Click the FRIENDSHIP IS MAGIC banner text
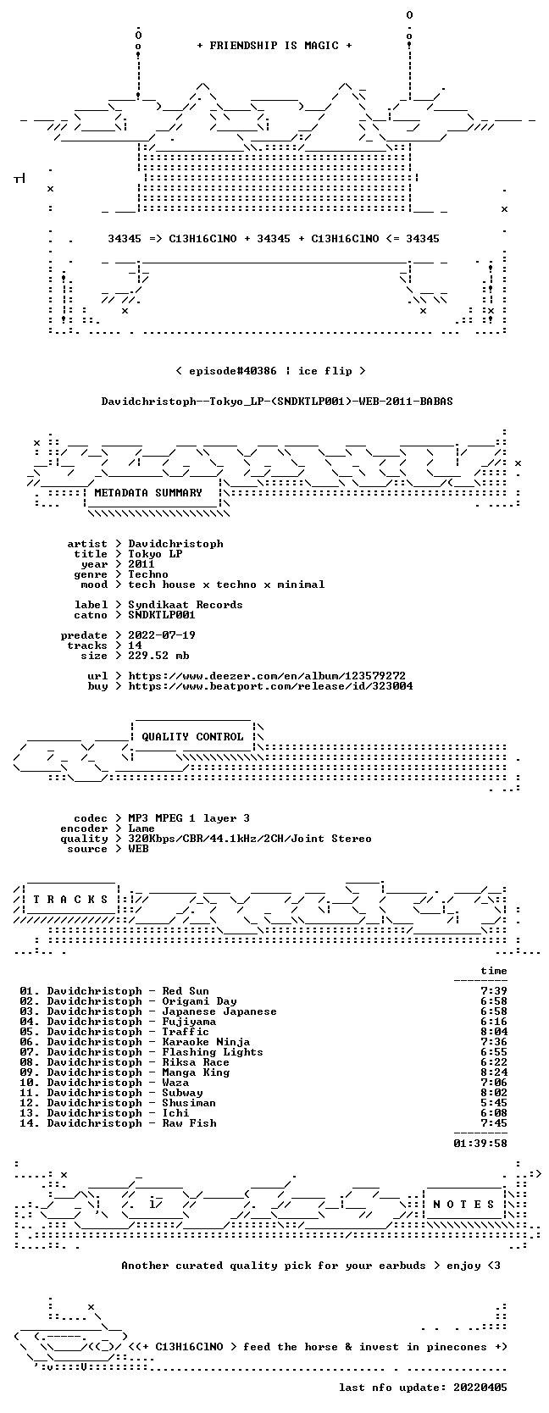click(x=274, y=46)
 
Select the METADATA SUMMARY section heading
click(x=148, y=493)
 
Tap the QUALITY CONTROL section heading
click(x=192, y=737)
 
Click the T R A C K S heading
click(x=70, y=900)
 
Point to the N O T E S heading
click(x=463, y=1205)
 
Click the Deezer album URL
click(x=267, y=676)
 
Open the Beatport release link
click(x=271, y=685)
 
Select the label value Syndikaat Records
click(x=186, y=605)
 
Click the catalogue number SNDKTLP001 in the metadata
click(x=162, y=615)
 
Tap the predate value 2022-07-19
click(x=162, y=635)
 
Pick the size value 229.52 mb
click(x=158, y=656)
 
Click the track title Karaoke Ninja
click(x=206, y=1042)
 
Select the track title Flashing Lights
click(x=213, y=1052)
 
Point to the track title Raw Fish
click(x=189, y=1123)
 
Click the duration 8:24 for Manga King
click(x=493, y=1072)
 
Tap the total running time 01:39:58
click(x=480, y=1144)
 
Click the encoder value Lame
click(x=141, y=828)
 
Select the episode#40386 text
click(x=232, y=371)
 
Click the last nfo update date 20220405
click(x=480, y=1388)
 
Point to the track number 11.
click(x=27, y=1093)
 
